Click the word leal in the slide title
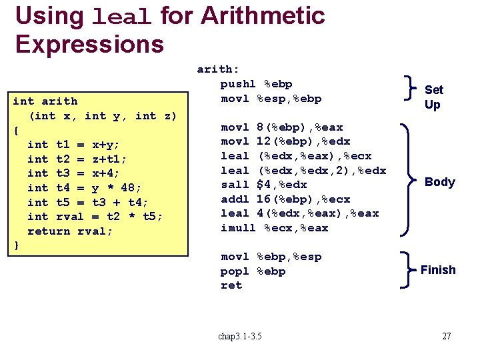pos(123,17)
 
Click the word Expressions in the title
pos(89,44)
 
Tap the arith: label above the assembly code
pos(218,69)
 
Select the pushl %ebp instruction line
pos(256,84)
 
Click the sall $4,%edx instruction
pos(264,185)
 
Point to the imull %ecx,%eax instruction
pos(275,228)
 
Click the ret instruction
pos(231,285)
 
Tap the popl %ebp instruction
pos(253,271)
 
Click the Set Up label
pos(433,97)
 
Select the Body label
pos(439,182)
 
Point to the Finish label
pos(438,270)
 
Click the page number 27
pos(447,336)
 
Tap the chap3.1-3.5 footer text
pos(240,336)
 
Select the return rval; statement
pos(70,231)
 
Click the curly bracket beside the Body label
pos(405,180)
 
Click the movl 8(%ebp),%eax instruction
pos(282,127)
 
